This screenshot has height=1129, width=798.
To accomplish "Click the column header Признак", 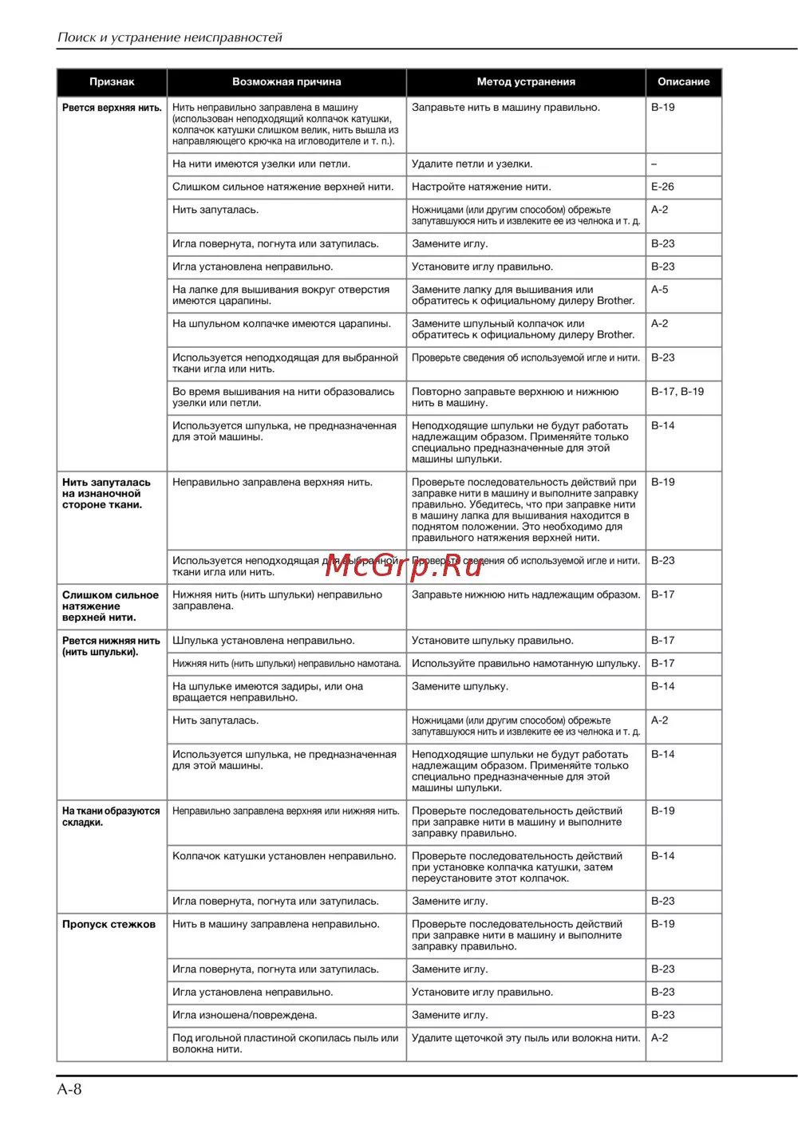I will click(x=112, y=82).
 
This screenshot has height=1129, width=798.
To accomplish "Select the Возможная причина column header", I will click(x=286, y=82).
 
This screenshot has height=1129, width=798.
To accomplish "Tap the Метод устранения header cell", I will click(x=526, y=82).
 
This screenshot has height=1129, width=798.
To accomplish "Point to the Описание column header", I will click(x=683, y=82).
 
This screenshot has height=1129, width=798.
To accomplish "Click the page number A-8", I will click(x=69, y=1089).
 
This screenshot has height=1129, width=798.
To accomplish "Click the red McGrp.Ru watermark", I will click(x=404, y=566).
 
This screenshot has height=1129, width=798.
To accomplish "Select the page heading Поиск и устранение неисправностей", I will click(x=170, y=38).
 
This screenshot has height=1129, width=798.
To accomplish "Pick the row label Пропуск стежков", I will click(x=109, y=925).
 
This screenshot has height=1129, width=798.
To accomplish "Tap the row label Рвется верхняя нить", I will click(x=112, y=108).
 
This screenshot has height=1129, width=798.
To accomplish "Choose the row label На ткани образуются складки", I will click(x=111, y=816).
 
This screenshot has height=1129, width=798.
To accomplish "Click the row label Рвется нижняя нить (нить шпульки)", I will click(x=111, y=646).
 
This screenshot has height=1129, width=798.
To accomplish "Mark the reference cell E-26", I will click(x=662, y=187).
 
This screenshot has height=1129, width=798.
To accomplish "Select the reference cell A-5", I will click(x=660, y=290).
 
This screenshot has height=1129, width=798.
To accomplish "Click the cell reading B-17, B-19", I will click(x=678, y=392).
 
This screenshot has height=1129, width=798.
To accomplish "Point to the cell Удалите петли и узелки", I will click(x=472, y=164).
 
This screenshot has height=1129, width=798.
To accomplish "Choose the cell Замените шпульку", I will click(x=460, y=686).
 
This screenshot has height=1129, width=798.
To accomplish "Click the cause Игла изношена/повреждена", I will click(x=245, y=1016).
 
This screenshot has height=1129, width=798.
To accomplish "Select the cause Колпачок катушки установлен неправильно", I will click(x=284, y=856).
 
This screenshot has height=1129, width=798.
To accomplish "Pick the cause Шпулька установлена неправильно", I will click(x=263, y=641).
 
